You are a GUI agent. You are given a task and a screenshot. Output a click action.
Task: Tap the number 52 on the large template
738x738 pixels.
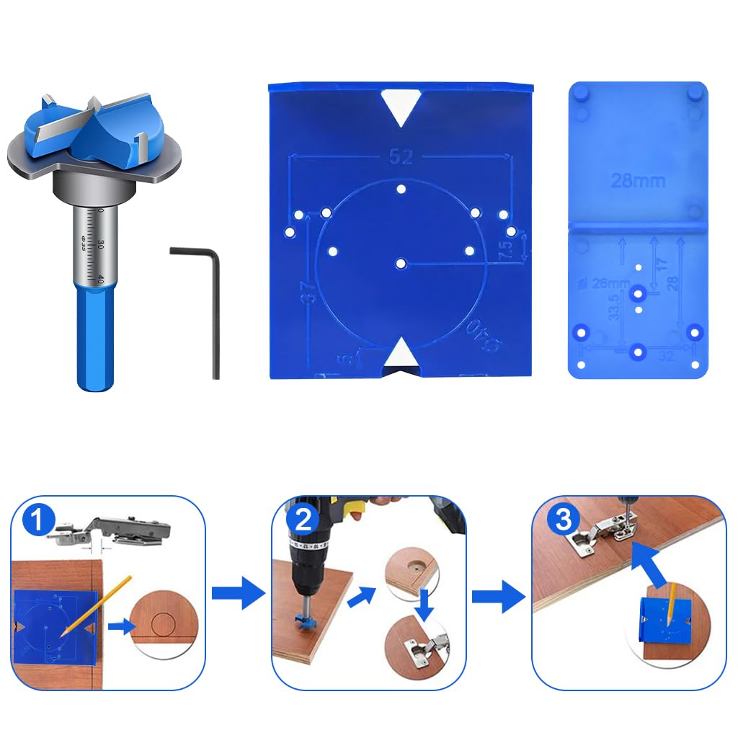[x=401, y=157]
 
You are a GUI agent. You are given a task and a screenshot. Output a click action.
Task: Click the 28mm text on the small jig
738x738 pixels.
[x=638, y=180]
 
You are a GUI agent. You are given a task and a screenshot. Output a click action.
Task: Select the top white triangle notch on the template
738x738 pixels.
[x=401, y=107]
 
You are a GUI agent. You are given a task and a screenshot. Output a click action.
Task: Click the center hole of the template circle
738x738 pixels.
[x=401, y=264]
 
